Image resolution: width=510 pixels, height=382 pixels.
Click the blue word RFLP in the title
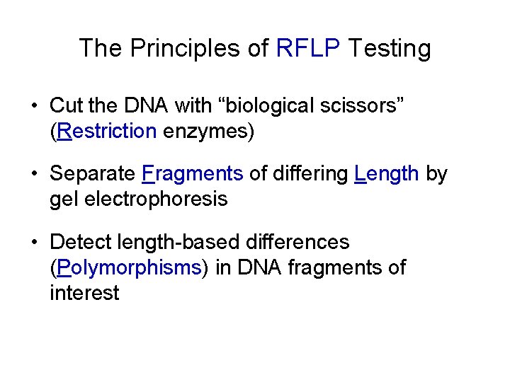click(x=308, y=48)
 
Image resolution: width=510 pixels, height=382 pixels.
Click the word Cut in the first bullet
click(x=66, y=106)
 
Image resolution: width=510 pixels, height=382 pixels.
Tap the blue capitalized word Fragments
click(x=193, y=174)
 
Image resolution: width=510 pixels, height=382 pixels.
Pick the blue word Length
click(x=386, y=174)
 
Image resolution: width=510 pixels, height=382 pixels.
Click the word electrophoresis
click(x=156, y=199)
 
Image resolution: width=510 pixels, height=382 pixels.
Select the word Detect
click(x=82, y=242)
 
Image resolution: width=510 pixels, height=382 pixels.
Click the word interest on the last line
click(x=84, y=292)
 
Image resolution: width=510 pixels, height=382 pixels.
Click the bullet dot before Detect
click(x=34, y=243)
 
